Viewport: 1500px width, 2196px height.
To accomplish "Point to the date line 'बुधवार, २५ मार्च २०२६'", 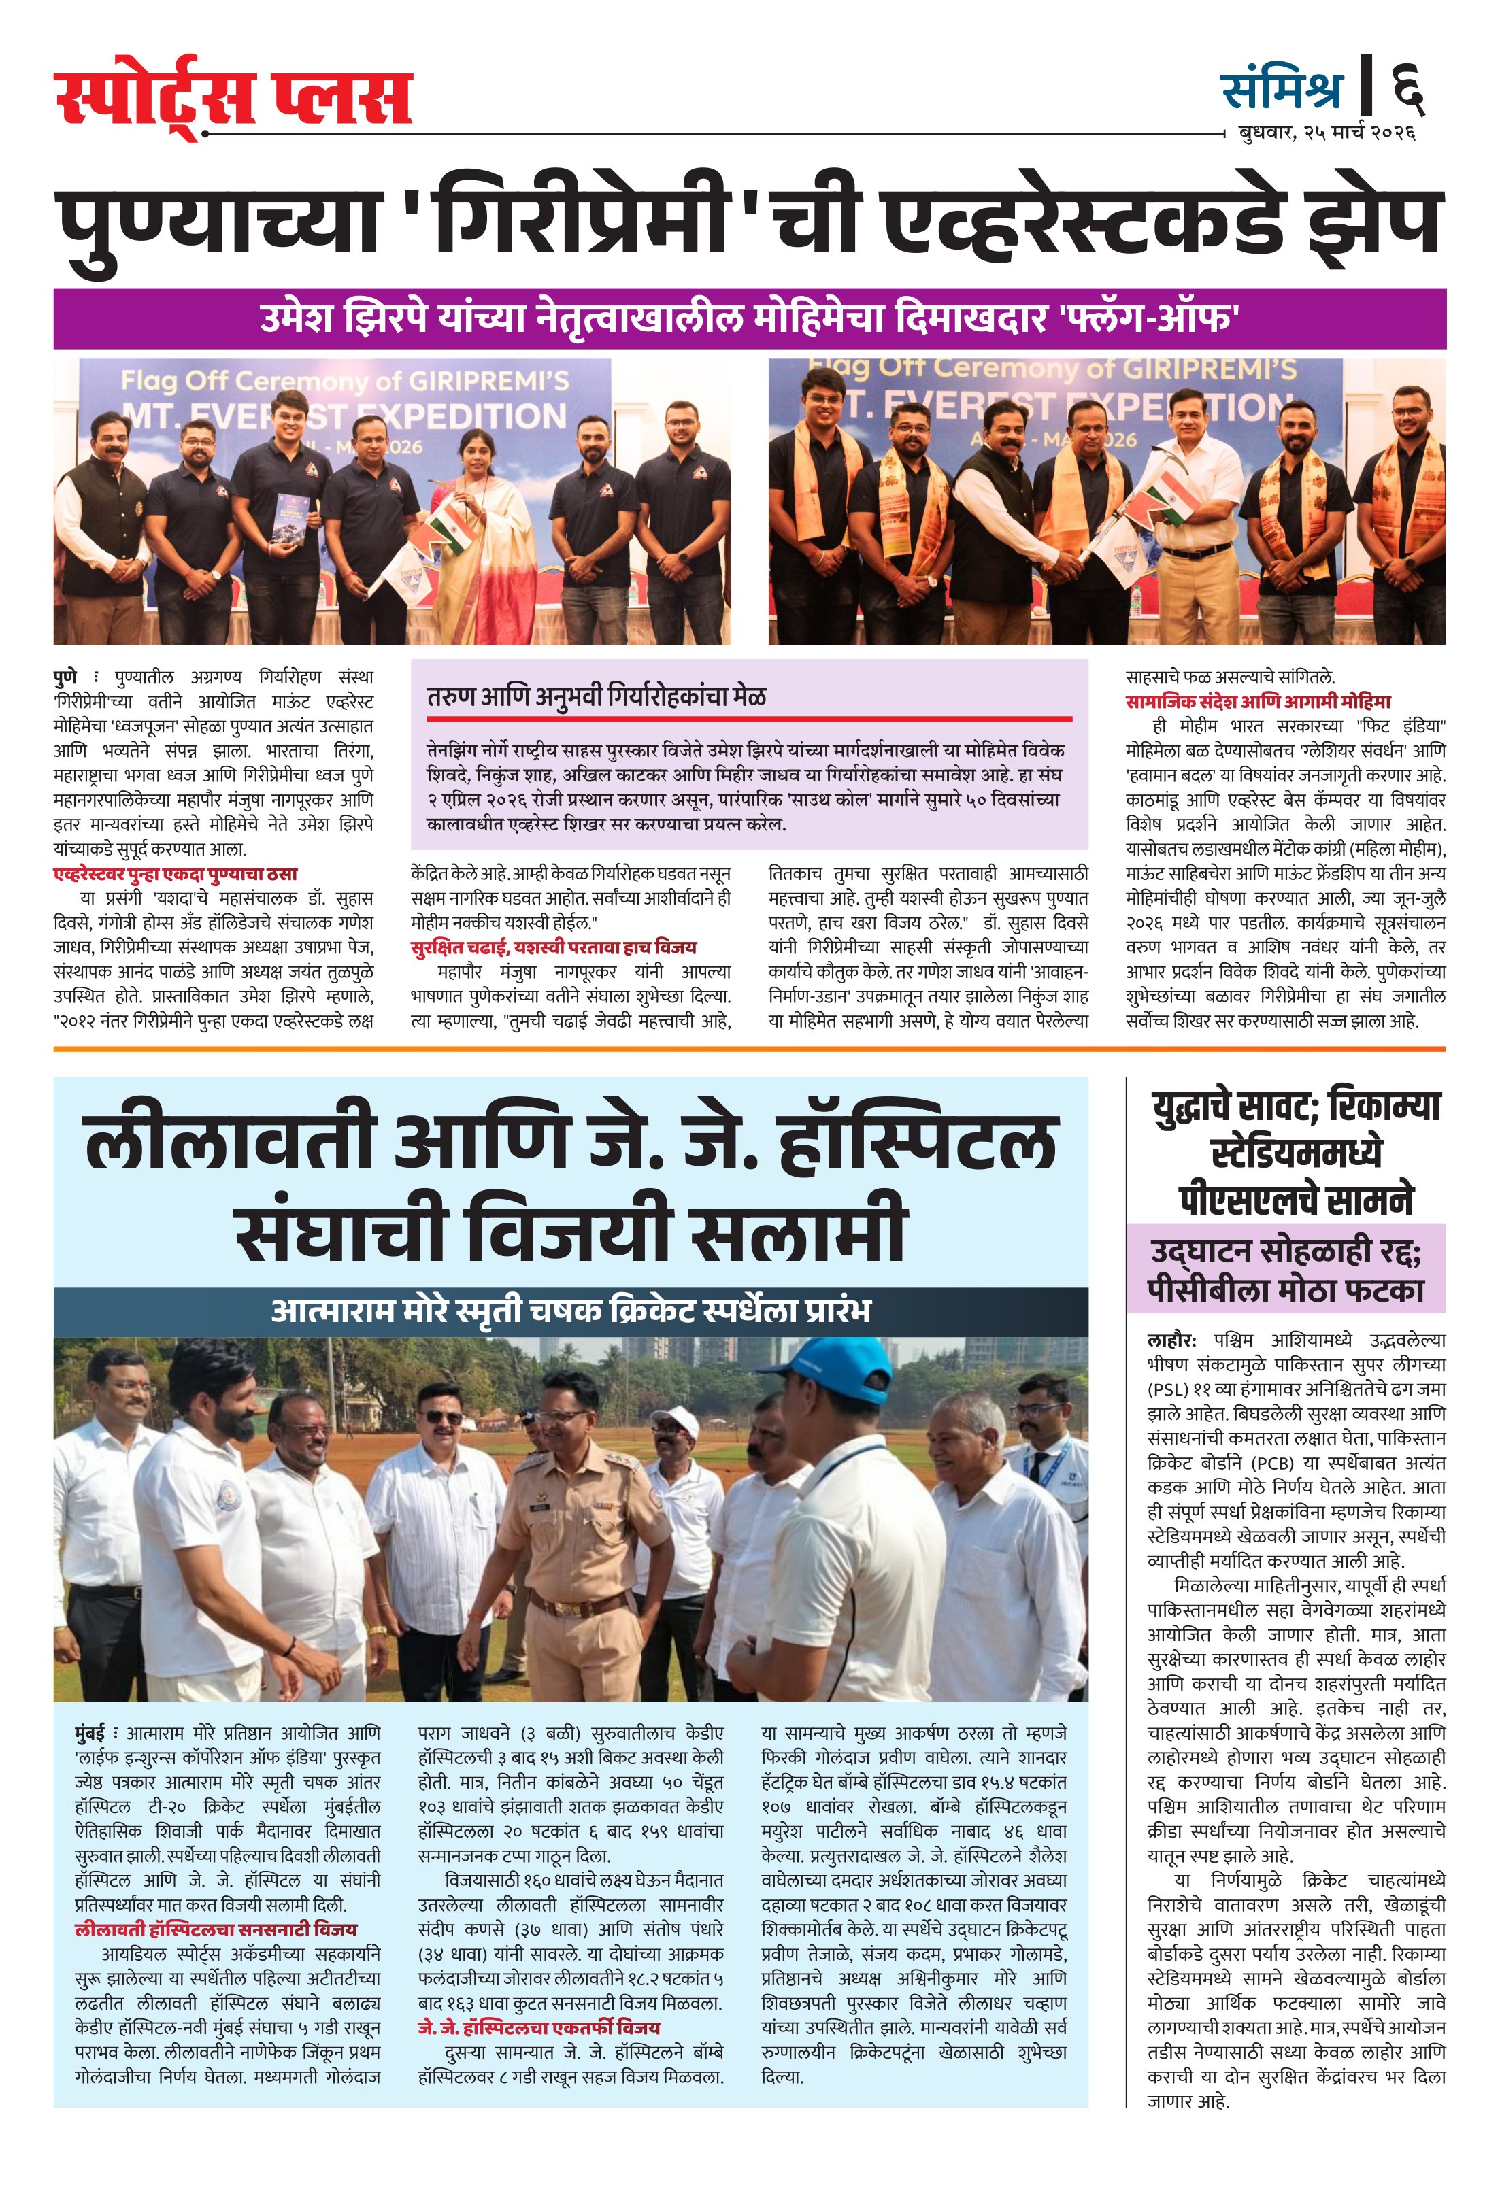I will tap(1326, 133).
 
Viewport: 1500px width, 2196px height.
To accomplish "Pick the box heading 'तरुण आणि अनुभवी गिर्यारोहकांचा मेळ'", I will tap(597, 697).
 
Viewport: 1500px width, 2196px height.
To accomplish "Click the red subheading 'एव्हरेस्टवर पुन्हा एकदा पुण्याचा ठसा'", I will tap(175, 874).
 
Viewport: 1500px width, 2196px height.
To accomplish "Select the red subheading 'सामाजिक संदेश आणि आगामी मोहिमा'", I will tap(1257, 702).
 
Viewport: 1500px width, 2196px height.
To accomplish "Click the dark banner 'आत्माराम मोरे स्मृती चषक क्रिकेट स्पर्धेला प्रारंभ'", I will tap(571, 1311).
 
